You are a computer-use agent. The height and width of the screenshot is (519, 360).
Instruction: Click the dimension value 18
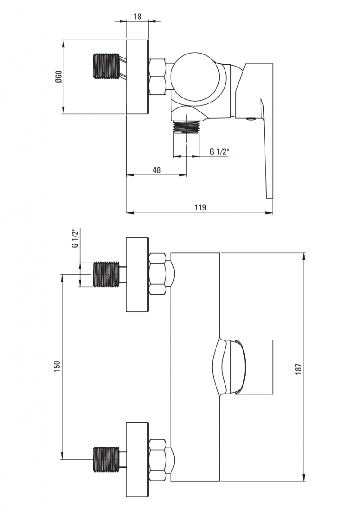coord(137,16)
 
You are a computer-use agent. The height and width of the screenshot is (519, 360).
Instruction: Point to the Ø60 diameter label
coord(58,77)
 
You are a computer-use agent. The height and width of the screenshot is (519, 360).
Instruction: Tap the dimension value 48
coord(157,170)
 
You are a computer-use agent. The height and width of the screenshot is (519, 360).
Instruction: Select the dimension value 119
coord(200,207)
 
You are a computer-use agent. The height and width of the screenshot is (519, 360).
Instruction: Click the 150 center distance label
coord(57,367)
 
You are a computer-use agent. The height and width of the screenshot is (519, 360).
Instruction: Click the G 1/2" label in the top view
coord(219,152)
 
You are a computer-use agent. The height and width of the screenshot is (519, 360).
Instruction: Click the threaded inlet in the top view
coord(106,66)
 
